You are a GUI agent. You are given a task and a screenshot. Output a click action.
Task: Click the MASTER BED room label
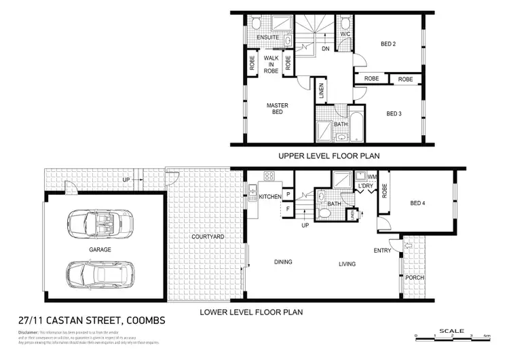pos(278,109)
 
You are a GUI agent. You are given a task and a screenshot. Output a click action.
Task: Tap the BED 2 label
pos(388,45)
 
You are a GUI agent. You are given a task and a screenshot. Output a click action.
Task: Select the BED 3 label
pos(394,113)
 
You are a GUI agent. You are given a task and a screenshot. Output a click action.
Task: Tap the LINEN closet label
pos(322,88)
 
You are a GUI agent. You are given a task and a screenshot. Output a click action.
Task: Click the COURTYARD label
pos(207,236)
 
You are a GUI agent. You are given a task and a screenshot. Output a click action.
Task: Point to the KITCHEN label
pos(270,196)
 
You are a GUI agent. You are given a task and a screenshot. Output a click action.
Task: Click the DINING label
pos(283,262)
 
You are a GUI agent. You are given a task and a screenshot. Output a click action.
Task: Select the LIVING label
pos(347,263)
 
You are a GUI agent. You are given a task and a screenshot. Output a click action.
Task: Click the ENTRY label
pos(382,251)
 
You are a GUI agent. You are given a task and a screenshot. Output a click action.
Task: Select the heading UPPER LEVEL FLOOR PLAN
pos(328,156)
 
